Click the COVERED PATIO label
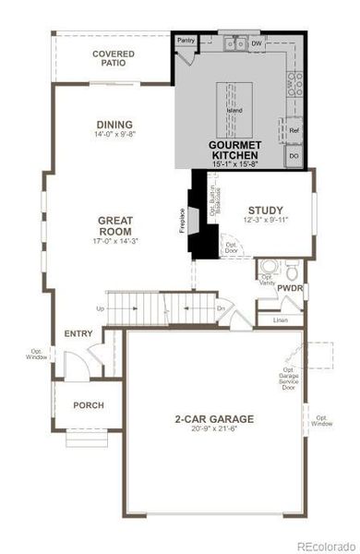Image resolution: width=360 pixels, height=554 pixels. coord(113,60)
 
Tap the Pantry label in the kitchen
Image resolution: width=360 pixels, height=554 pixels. coord(186,42)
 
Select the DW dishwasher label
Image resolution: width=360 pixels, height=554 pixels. coord(256,42)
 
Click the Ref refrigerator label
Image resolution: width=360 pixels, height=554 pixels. coord(294,131)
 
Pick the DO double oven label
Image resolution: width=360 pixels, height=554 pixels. coord(294,156)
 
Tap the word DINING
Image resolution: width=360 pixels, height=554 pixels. coord(114,125)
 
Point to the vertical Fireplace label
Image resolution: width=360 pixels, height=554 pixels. coord(182,222)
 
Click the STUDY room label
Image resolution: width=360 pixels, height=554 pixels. coord(265,211)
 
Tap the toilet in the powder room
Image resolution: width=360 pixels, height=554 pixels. coord(292,272)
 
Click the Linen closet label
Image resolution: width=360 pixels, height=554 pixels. coord(280,319)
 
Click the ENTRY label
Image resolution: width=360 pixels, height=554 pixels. coord(78,333)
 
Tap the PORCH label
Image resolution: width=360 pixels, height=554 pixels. coord(89,405)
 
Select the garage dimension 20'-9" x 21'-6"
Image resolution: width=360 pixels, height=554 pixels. coord(214,429)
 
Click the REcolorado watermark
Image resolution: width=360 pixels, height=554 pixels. coord(322,545)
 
